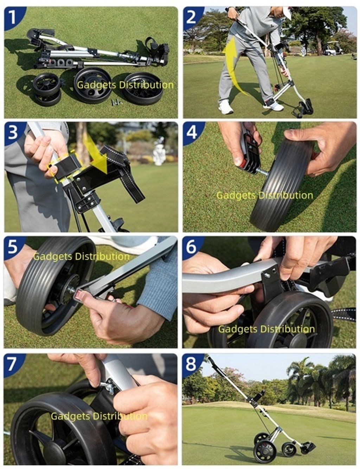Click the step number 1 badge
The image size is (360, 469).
[13, 17]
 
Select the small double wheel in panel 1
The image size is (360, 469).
[47, 89]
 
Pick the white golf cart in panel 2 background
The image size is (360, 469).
[333, 48]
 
